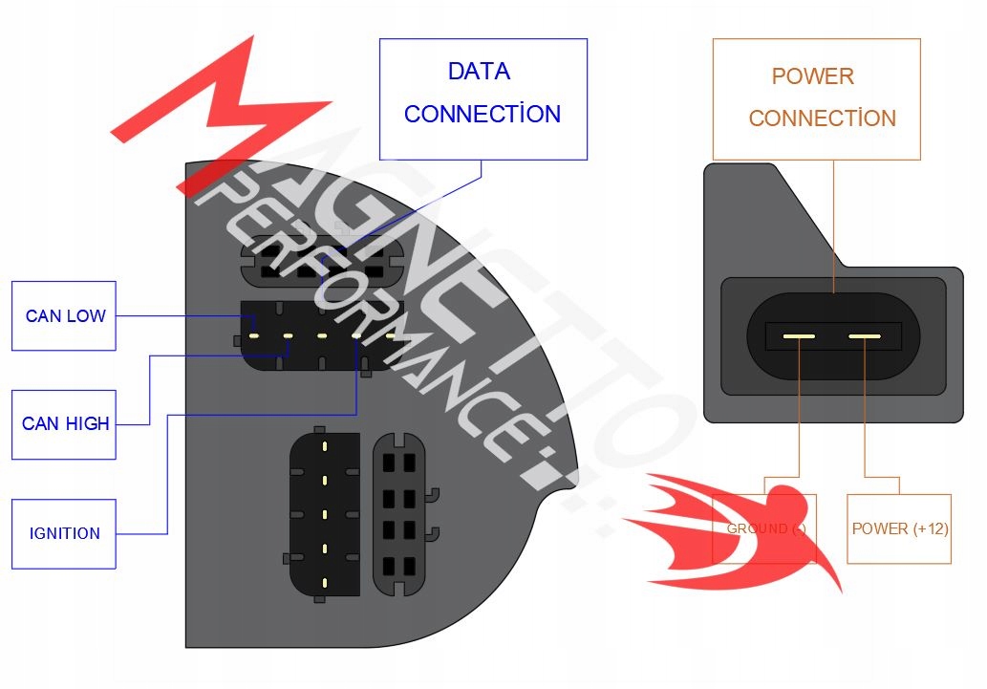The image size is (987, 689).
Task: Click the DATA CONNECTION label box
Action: [x=483, y=98]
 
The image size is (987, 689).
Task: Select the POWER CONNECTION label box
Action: [x=817, y=98]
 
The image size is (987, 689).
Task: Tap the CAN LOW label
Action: [x=64, y=315]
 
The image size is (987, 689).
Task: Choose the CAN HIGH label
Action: [x=65, y=423]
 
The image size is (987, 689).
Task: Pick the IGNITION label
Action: [x=64, y=533]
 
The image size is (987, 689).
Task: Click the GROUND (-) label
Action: [x=764, y=528]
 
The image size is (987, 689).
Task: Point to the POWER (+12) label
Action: [x=899, y=528]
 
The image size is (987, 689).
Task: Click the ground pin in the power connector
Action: [x=798, y=336]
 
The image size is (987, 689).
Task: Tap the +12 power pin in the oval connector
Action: [x=865, y=336]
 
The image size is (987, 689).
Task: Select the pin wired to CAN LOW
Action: [x=254, y=335]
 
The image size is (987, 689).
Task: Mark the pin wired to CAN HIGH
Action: [x=288, y=335]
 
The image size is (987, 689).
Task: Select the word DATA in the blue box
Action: [x=479, y=72]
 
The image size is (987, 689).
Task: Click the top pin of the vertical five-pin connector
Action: [x=325, y=445]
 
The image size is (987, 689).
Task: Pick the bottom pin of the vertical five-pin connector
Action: [x=325, y=582]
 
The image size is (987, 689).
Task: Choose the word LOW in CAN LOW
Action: [x=86, y=315]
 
